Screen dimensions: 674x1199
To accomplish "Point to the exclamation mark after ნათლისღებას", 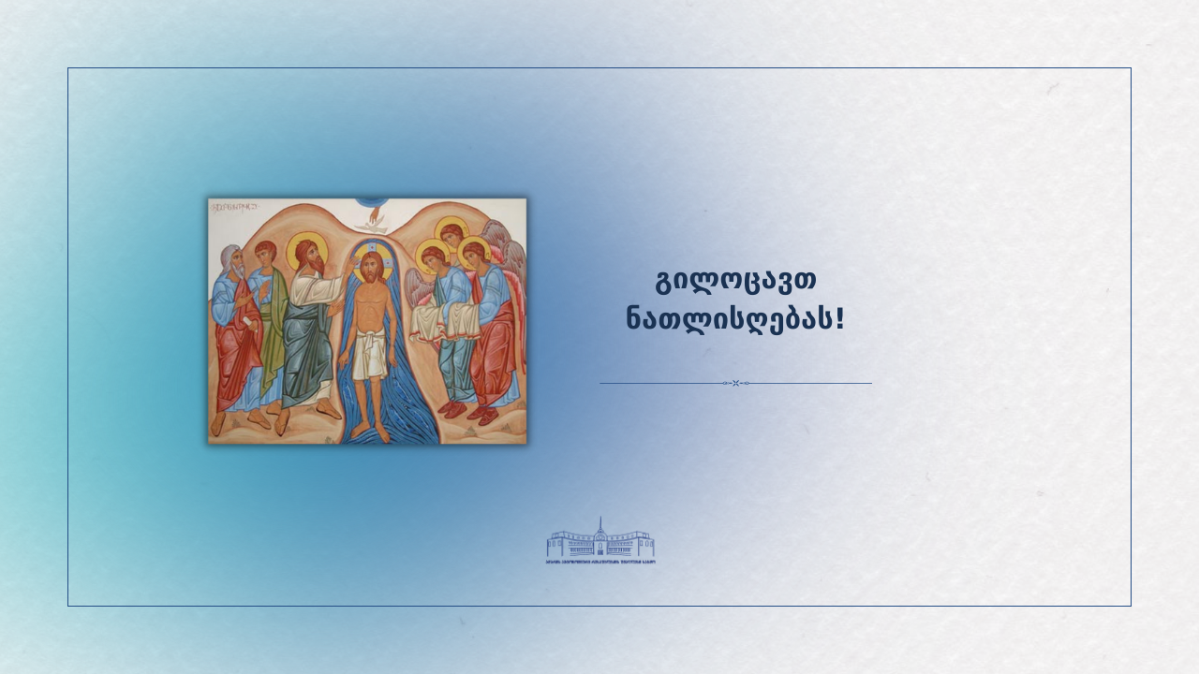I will pos(839,318).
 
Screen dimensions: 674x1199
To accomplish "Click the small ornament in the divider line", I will pos(735,383).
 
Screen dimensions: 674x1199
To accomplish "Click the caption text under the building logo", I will pos(600,562).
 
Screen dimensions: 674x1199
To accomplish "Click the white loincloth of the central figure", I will pos(373,356).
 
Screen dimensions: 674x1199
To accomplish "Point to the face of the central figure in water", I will pos(371,266).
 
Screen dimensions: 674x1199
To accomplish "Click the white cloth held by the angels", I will pos(446,321).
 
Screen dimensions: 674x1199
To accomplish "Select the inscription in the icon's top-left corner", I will pos(233,206).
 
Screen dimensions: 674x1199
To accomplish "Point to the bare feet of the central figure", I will pos(373,432).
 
